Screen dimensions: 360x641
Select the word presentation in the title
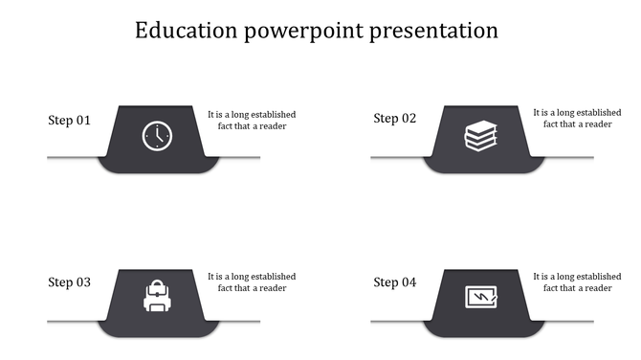pyautogui.click(x=439, y=32)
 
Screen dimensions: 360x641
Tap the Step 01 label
pyautogui.click(x=69, y=121)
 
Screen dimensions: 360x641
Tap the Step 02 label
pyautogui.click(x=394, y=119)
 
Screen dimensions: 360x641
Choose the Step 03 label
pyautogui.click(x=69, y=282)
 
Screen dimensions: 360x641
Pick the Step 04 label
pyautogui.click(x=394, y=282)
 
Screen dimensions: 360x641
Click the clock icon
pyautogui.click(x=157, y=136)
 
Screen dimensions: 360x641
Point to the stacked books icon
pyautogui.click(x=481, y=136)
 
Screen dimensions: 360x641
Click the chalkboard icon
pyautogui.click(x=481, y=298)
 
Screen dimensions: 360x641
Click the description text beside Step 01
pyautogui.click(x=252, y=120)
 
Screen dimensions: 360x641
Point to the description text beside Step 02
pyautogui.click(x=577, y=119)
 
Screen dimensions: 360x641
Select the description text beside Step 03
pyautogui.click(x=252, y=282)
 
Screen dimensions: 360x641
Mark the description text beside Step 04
pyautogui.click(x=577, y=282)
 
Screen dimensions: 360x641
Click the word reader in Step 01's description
pyautogui.click(x=273, y=126)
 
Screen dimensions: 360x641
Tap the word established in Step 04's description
pyautogui.click(x=598, y=277)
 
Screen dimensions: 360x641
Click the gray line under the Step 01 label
pyautogui.click(x=72, y=157)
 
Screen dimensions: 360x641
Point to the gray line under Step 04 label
pyautogui.click(x=397, y=321)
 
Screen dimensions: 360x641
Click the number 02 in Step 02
pyautogui.click(x=409, y=119)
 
